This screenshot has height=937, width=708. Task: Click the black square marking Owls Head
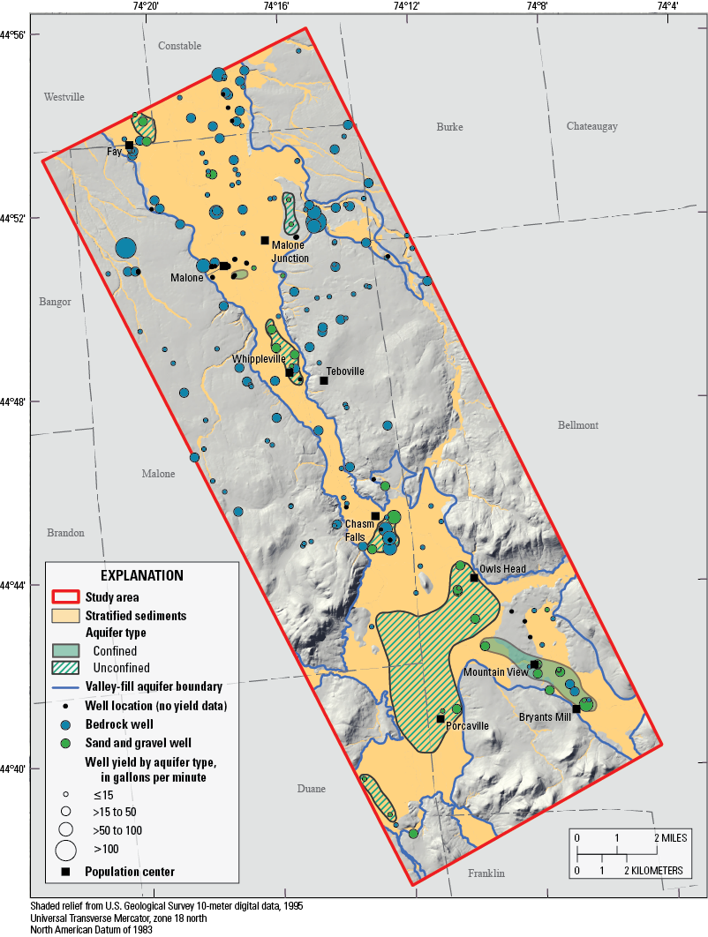coord(474,578)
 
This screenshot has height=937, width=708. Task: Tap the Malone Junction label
coord(290,251)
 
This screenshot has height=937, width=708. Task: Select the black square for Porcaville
coord(441,719)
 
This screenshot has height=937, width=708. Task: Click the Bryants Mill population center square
coord(576,708)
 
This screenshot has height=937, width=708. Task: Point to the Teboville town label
coord(345,371)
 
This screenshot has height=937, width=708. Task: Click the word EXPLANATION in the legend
coord(141,575)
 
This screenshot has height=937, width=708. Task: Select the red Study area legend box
coord(65,597)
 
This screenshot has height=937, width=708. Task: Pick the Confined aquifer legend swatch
coord(65,650)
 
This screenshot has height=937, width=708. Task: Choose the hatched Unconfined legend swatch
coord(65,668)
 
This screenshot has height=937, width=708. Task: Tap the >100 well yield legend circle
coord(65,850)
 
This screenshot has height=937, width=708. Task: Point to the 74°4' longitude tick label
coord(667,7)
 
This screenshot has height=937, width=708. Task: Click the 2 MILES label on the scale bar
coord(667,836)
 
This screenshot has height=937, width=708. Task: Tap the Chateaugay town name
coord(591,126)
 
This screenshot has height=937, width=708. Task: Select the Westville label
coord(64,97)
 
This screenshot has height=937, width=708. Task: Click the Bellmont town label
coord(577,425)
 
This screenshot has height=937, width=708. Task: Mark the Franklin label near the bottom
coord(486,873)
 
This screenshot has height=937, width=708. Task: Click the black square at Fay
coord(129,146)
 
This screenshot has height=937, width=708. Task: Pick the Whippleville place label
coord(259,360)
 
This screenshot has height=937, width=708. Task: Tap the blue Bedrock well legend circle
coord(65,724)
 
